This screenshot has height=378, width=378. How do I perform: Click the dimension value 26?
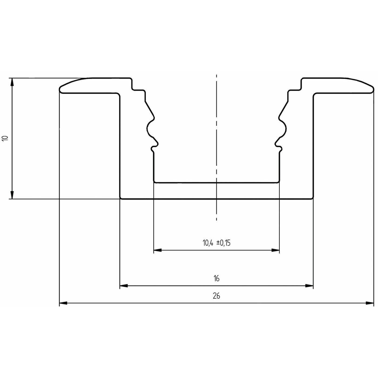click(216, 296)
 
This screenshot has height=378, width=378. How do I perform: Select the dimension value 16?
click(216, 278)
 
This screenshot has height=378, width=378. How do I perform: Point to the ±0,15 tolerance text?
click(224, 243)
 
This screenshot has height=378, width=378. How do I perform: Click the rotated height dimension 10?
click(6, 138)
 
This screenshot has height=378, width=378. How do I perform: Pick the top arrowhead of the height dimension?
click(12, 82)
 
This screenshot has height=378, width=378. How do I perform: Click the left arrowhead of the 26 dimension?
click(63, 303)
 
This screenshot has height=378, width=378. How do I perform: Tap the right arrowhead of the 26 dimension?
click(370, 303)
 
